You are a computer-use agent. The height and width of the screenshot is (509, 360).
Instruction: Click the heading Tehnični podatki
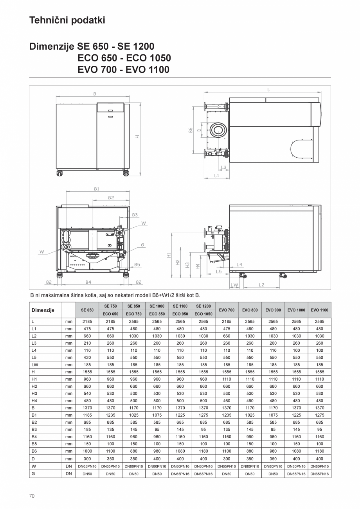click(67, 20)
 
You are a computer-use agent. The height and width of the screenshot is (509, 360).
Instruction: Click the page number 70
click(32, 496)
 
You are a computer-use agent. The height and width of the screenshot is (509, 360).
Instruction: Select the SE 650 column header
click(87, 310)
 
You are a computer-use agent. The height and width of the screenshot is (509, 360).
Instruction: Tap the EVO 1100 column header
click(319, 310)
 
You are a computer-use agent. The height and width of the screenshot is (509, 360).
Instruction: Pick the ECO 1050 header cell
click(203, 314)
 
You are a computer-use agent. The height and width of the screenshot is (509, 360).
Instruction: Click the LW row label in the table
click(34, 365)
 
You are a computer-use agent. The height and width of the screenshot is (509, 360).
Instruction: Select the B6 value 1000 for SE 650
click(87, 451)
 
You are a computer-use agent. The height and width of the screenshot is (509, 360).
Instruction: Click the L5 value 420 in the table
click(87, 358)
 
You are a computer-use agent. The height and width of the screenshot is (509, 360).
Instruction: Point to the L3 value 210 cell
click(87, 343)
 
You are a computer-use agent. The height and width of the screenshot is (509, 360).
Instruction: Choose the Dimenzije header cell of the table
click(43, 310)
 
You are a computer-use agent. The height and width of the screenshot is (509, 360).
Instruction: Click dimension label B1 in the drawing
click(97, 189)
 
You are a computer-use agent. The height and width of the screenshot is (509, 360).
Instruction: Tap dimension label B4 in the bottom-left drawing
click(88, 282)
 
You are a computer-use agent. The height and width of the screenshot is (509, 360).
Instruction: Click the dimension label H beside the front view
click(137, 137)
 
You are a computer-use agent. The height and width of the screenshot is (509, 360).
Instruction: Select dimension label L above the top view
click(268, 90)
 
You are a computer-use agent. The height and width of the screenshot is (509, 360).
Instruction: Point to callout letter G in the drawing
click(143, 245)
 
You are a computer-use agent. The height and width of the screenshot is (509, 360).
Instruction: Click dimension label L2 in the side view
click(261, 285)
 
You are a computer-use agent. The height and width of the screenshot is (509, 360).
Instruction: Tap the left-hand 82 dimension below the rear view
click(49, 282)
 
